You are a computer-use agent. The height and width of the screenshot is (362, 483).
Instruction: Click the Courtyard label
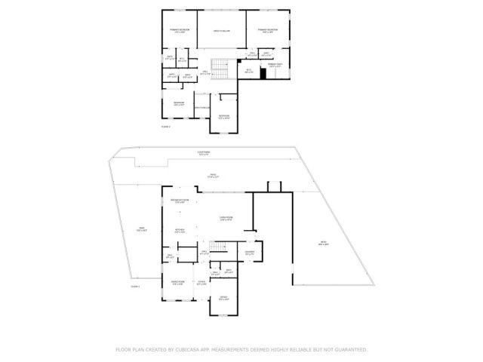(203, 153)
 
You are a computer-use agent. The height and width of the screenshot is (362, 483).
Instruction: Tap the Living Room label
(226, 219)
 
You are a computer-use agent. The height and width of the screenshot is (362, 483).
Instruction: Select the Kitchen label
(180, 232)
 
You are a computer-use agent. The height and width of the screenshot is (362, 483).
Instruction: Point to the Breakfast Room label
(180, 201)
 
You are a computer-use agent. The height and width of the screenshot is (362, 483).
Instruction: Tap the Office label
(223, 299)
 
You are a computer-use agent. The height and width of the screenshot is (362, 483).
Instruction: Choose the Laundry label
(249, 253)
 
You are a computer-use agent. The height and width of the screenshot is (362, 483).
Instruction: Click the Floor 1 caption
(136, 287)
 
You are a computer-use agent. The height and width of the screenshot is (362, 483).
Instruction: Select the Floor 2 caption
(166, 126)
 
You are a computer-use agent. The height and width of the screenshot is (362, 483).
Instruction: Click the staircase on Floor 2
(219, 69)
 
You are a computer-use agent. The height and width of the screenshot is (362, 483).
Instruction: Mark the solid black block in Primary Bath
(264, 73)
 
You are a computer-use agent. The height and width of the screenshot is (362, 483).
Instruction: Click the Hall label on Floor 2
(205, 73)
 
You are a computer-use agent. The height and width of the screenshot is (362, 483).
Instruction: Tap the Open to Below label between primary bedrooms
(221, 31)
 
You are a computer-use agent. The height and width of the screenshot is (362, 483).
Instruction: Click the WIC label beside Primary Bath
(249, 71)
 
